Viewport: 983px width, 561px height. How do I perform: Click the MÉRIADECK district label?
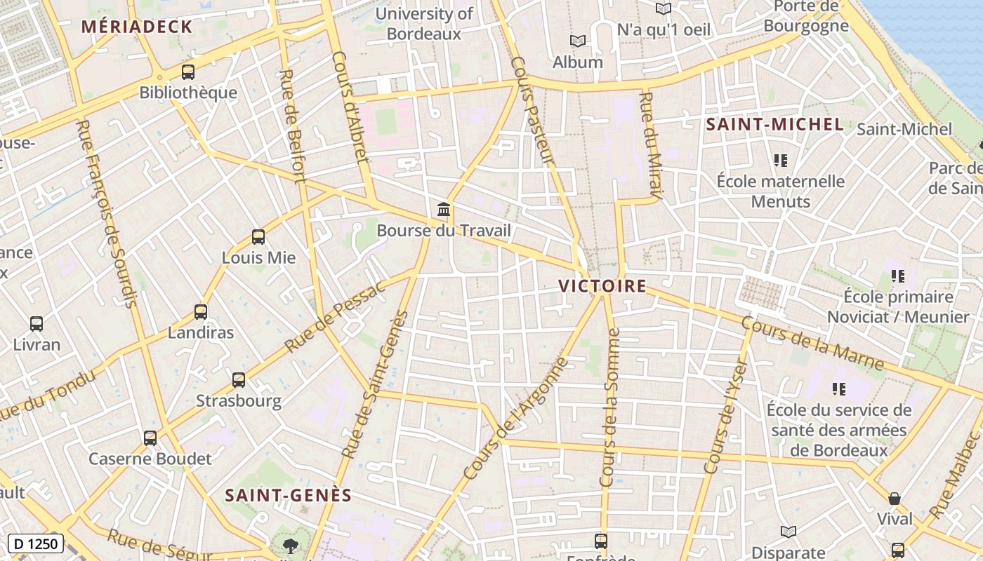[x=136, y=27]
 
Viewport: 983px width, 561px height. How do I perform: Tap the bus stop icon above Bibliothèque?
[x=187, y=72]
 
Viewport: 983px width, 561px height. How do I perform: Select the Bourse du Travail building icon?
[x=443, y=209]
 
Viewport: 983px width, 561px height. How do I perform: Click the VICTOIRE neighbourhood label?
[x=602, y=285]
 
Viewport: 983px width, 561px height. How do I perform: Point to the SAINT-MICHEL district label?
[x=774, y=124]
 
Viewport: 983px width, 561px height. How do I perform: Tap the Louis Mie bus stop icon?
[x=258, y=237]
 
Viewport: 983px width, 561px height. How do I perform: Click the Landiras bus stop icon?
[x=201, y=312]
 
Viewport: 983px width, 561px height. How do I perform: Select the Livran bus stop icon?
[x=37, y=324]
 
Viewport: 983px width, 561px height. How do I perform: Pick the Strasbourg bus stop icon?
[x=239, y=380]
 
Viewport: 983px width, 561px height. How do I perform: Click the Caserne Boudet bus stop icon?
[x=150, y=438]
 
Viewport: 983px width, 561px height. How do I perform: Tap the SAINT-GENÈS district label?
[x=288, y=495]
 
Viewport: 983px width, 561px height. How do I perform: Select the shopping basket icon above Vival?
[x=895, y=499]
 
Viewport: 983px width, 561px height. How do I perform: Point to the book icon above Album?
[x=577, y=41]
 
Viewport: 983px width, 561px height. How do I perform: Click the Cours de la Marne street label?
[x=812, y=344]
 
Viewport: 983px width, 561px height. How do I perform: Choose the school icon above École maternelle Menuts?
[x=780, y=161]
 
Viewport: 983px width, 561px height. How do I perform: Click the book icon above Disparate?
[x=789, y=532]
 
